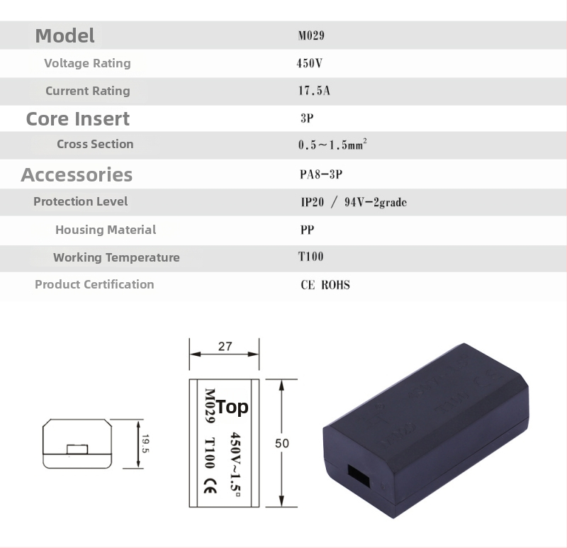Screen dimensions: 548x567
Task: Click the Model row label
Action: click(64, 35)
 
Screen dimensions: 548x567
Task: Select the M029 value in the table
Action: click(311, 35)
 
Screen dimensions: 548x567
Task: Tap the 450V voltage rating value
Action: click(310, 63)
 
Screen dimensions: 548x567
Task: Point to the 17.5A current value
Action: click(314, 91)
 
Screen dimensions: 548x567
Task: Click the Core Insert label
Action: click(78, 118)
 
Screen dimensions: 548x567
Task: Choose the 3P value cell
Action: click(307, 118)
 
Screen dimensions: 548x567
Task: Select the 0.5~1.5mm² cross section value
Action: click(332, 145)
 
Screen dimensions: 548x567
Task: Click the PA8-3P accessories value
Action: click(321, 174)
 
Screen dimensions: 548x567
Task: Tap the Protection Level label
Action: click(81, 201)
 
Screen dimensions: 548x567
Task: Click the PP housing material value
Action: click(307, 230)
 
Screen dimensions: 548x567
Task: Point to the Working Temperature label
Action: click(116, 257)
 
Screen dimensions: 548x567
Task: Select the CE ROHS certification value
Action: click(325, 285)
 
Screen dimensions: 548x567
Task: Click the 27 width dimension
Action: click(225, 347)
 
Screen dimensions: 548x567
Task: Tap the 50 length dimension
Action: click(282, 443)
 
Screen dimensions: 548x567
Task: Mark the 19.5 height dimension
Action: click(145, 444)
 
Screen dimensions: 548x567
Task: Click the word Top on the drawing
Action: click(232, 407)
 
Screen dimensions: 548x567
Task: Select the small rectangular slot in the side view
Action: click(77, 449)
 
